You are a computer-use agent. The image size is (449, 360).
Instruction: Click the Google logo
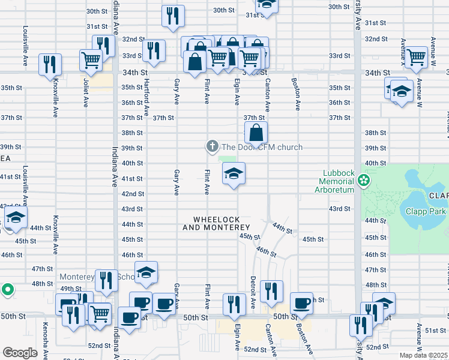tap(20, 353)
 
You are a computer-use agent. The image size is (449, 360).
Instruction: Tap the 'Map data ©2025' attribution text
tap(423, 355)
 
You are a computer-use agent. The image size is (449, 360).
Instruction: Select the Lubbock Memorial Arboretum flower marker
tap(363, 179)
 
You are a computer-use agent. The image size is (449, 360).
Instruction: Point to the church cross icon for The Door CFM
tap(211, 146)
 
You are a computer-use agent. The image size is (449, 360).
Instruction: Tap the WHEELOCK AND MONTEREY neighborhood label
tap(215, 223)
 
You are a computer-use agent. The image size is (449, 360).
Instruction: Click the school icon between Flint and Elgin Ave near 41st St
tap(234, 175)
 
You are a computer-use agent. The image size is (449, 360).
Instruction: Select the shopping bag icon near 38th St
tap(256, 133)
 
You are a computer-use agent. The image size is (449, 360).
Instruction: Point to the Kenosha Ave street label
tap(44, 336)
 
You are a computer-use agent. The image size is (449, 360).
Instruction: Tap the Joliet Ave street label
tap(86, 93)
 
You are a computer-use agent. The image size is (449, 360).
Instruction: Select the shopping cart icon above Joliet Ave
tap(91, 59)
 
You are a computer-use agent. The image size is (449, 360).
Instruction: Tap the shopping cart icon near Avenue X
tap(415, 58)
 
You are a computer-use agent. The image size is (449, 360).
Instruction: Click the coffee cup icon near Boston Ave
tap(301, 303)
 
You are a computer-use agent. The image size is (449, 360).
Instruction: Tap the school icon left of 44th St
tap(16, 217)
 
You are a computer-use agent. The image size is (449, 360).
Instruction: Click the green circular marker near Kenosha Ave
tap(7, 290)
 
